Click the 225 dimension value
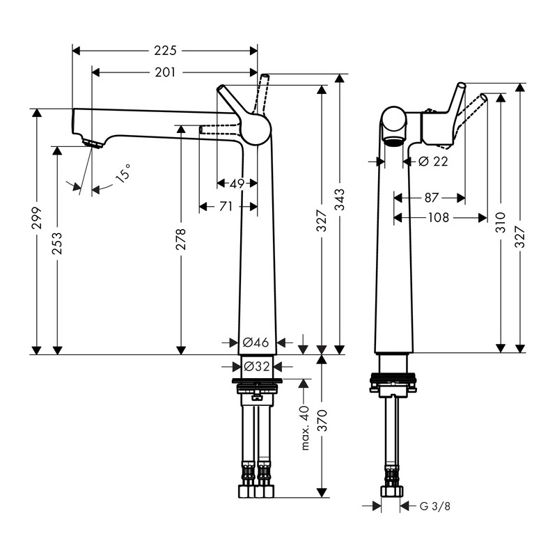point(165,51)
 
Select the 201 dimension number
point(165,72)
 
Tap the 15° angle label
point(123,173)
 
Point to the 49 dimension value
point(237,185)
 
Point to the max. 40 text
point(304,427)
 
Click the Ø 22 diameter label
point(433,162)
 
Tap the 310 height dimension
point(500,223)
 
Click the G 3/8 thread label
point(436,506)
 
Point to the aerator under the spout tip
point(91,143)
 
